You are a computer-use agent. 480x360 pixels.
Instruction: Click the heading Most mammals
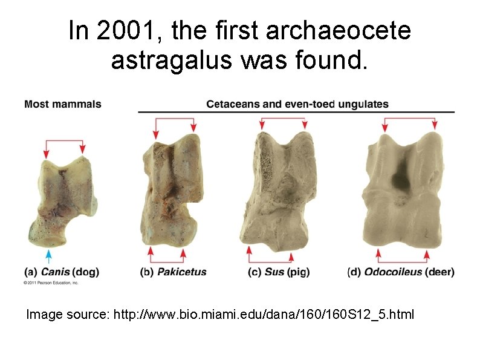coord(63,104)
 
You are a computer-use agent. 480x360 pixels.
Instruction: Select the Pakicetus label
coord(181,272)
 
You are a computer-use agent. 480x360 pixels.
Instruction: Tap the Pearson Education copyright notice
coord(51,283)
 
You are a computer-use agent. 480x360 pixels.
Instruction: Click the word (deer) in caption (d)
coord(439,272)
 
